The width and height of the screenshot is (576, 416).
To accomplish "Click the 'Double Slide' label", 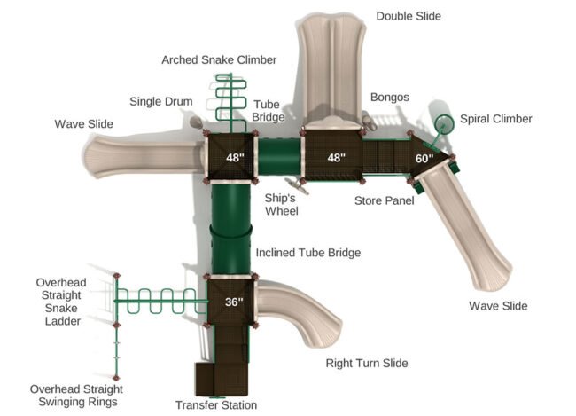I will click(408, 16).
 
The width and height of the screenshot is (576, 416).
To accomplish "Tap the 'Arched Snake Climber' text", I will click(219, 59).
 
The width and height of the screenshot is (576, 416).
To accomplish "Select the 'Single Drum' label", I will click(161, 101).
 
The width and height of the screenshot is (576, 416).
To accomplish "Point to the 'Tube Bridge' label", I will click(267, 110).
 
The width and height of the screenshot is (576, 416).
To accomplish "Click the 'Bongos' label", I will click(389, 97).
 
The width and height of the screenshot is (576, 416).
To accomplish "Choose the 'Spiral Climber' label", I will click(496, 119).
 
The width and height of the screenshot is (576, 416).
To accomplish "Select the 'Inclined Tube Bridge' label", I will click(307, 253).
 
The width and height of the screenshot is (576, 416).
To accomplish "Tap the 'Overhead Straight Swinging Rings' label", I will click(76, 396).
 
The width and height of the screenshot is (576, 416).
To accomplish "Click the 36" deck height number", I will click(233, 302).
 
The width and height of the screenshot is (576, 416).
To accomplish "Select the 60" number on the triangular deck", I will click(424, 158).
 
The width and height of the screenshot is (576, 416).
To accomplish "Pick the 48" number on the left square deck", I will click(234, 158).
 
